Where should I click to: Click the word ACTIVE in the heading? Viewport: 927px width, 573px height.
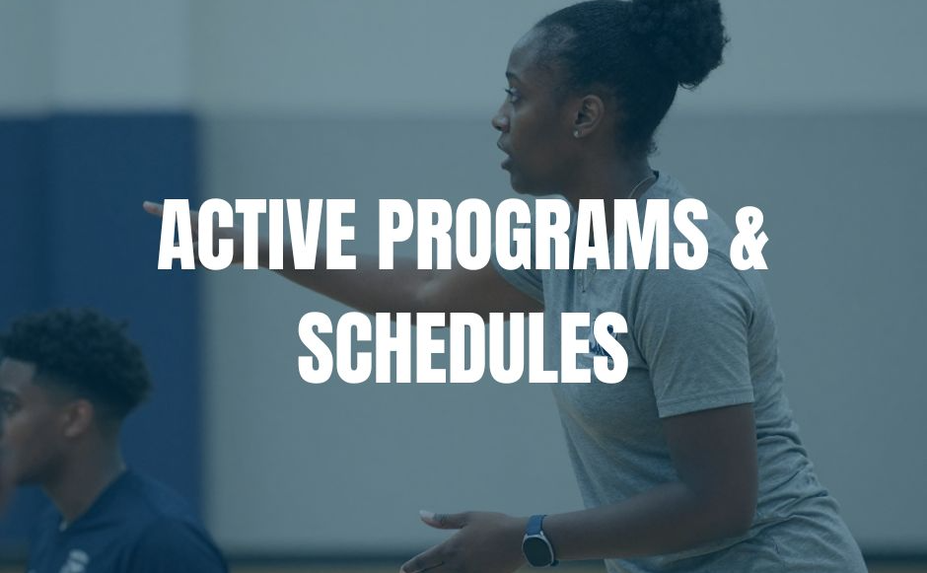(x=256, y=234)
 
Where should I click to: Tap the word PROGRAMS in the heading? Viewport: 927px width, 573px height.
(x=542, y=234)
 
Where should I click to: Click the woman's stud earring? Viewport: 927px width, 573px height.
(x=577, y=134)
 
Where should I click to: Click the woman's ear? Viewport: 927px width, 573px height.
(x=588, y=115)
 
